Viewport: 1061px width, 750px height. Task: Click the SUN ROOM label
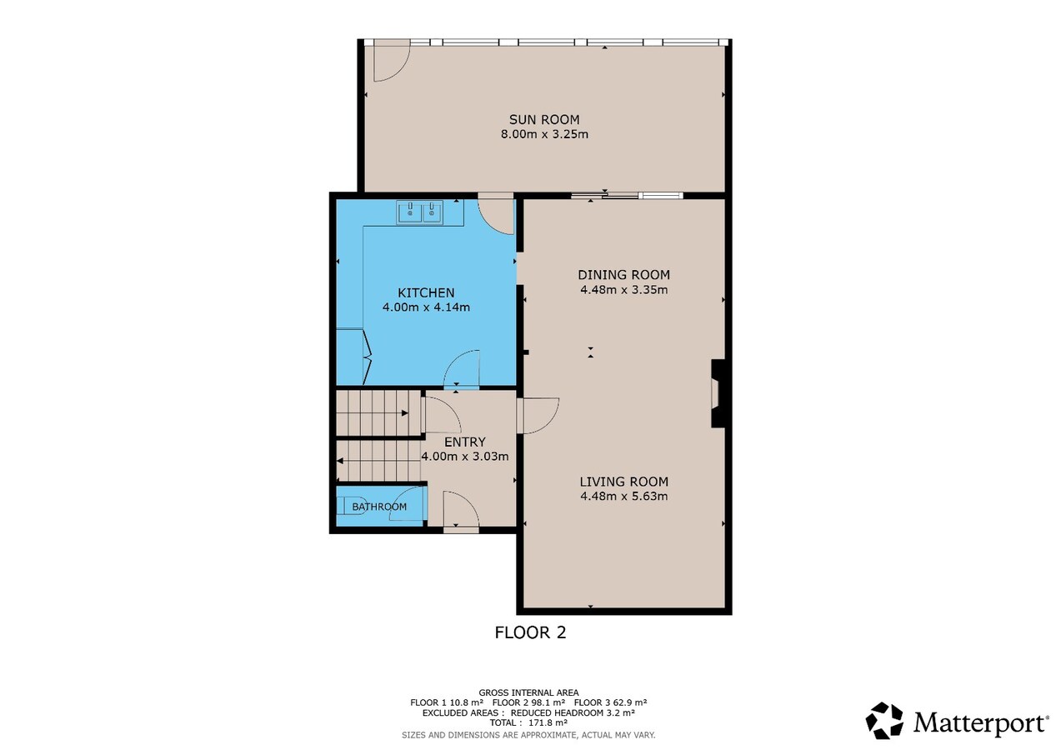coord(544,119)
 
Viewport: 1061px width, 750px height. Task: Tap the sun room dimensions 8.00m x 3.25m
coord(544,134)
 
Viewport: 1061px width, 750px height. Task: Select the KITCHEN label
coord(426,292)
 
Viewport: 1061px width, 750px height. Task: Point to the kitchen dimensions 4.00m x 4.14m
coord(426,307)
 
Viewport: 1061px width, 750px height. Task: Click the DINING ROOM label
coord(623,275)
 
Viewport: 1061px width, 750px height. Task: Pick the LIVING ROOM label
coord(623,482)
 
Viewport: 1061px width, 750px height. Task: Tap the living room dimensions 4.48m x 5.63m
coord(623,496)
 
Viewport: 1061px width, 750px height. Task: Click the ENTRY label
coord(465,442)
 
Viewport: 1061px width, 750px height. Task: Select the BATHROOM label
coord(379,507)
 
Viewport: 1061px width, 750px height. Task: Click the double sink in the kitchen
coord(420,212)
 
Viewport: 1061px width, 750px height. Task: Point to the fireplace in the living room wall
coord(718,393)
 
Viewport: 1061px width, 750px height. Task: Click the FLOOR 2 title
coord(530,632)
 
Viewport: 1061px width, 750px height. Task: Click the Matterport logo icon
coord(884,720)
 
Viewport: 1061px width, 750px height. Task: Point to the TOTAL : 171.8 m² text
coord(528,722)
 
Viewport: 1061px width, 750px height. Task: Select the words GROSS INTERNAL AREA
coord(528,692)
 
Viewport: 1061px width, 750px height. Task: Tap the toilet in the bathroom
coord(352,505)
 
